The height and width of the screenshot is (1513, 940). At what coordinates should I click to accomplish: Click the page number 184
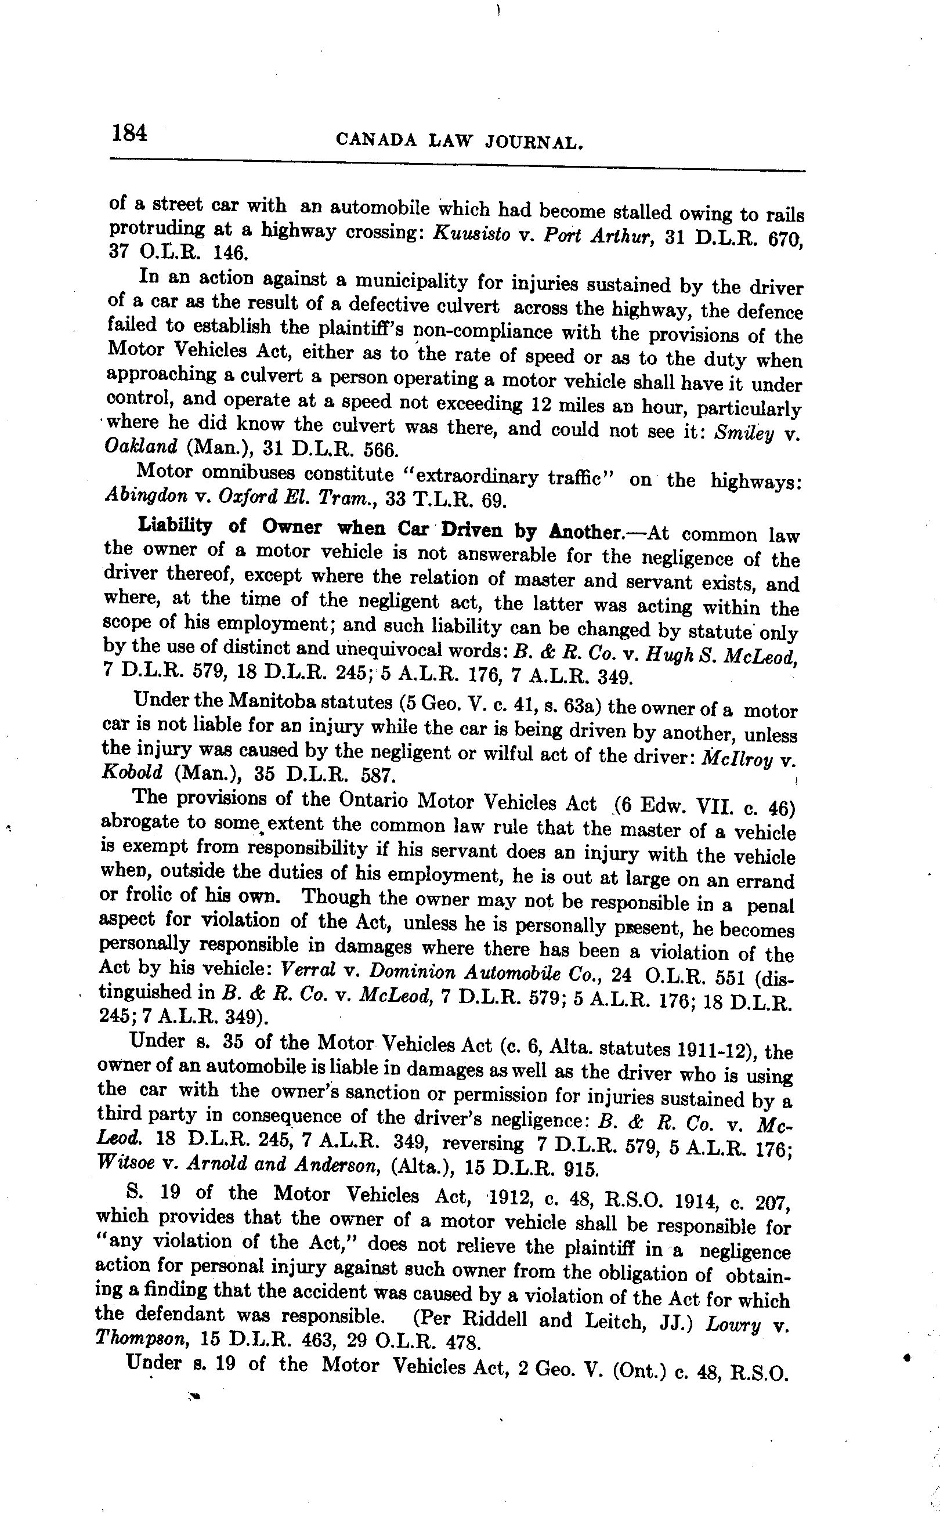[x=130, y=132]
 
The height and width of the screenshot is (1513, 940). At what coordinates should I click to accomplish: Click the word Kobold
[x=131, y=773]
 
